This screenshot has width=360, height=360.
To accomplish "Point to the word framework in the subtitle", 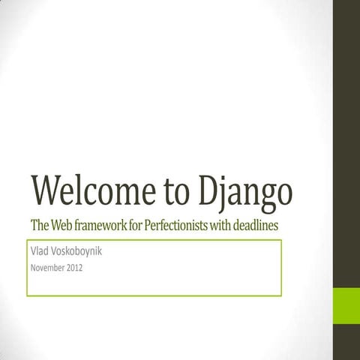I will click(x=108, y=225).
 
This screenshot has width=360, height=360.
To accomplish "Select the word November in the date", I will click(x=47, y=268).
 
